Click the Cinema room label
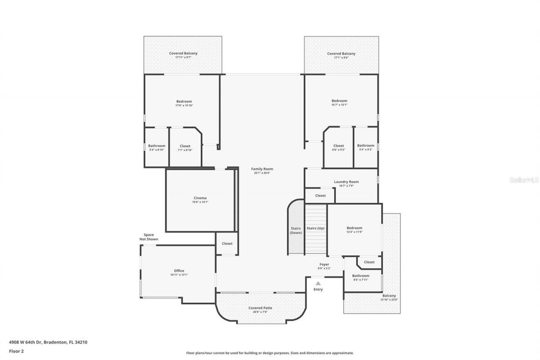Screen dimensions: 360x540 [x=200, y=198]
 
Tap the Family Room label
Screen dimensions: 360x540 [x=262, y=169]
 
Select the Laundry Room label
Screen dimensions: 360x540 [x=346, y=182]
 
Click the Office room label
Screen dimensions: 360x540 [x=179, y=271]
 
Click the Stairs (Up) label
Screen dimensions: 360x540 [x=316, y=228]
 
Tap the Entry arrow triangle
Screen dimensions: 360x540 [x=318, y=284]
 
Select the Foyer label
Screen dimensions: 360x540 [x=324, y=265]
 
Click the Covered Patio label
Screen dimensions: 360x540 [x=260, y=308]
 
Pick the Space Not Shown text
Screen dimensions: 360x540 [x=149, y=237]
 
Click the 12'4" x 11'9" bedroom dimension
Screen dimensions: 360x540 [x=354, y=232]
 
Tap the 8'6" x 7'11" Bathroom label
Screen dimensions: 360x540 [x=361, y=276]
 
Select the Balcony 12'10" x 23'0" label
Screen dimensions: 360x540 [x=389, y=296]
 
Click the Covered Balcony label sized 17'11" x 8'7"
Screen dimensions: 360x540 [x=183, y=54]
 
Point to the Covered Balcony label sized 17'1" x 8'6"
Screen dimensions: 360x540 [x=341, y=54]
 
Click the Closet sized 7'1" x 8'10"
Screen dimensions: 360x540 [x=185, y=146]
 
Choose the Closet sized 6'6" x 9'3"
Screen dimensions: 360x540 [x=338, y=146]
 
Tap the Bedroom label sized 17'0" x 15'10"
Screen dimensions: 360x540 [x=184, y=101]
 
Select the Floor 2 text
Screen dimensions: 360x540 [x=16, y=351]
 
